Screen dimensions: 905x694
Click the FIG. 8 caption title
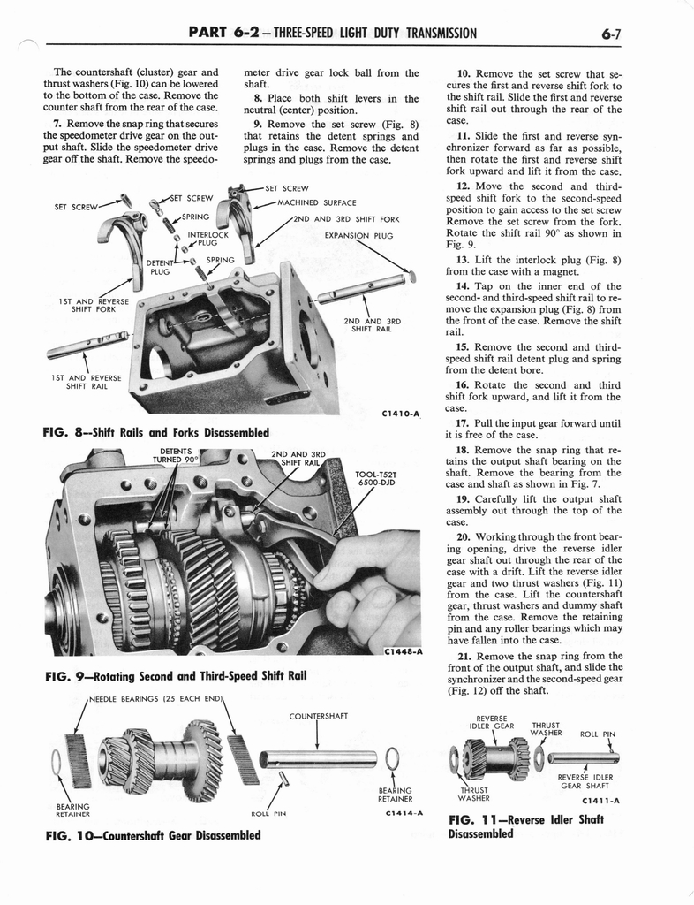155,432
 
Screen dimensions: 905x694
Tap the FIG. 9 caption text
174,676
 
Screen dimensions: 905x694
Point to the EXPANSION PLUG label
358,236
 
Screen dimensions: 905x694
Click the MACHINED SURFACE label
315,202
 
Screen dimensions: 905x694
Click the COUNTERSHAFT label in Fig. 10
317,716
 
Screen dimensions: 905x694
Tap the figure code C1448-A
403,652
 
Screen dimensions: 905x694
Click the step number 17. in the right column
463,423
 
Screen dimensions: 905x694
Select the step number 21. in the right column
463,656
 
